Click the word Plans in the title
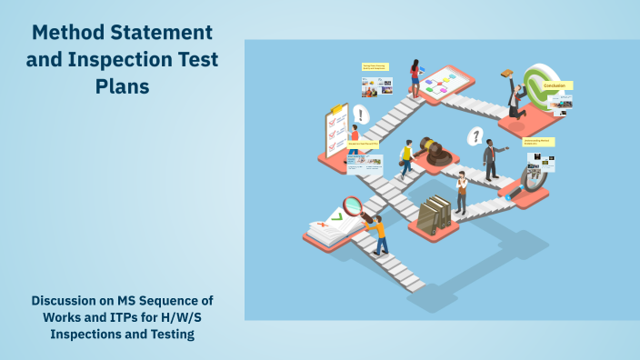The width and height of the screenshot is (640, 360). click(x=122, y=87)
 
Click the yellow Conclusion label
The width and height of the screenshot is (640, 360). click(x=555, y=85)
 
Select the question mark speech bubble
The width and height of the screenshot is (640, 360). click(x=474, y=137)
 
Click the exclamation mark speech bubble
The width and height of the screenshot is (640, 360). click(x=362, y=115)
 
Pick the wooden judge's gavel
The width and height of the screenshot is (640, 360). click(x=435, y=149)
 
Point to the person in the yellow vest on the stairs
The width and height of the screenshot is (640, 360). click(x=406, y=157)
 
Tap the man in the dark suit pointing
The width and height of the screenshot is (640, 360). click(x=491, y=159)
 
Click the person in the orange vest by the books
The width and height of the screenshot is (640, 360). click(x=463, y=192)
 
